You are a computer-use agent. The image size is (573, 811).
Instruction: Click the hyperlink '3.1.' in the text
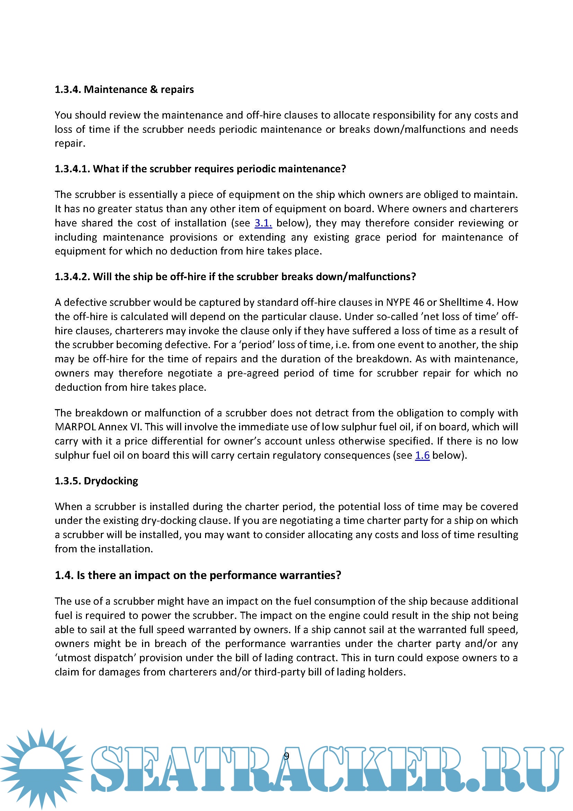tap(263, 223)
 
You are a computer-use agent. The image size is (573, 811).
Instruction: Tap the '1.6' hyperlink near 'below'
tap(422, 455)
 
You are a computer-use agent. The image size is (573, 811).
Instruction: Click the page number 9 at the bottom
tap(286, 756)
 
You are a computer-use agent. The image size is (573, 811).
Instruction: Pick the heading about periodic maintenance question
tap(200, 169)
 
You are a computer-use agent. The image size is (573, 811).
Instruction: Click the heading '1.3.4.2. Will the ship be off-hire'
tap(235, 277)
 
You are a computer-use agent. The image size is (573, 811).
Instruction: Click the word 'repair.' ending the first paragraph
tap(70, 144)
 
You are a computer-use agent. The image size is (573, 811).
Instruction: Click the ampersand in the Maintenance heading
tap(153, 89)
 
